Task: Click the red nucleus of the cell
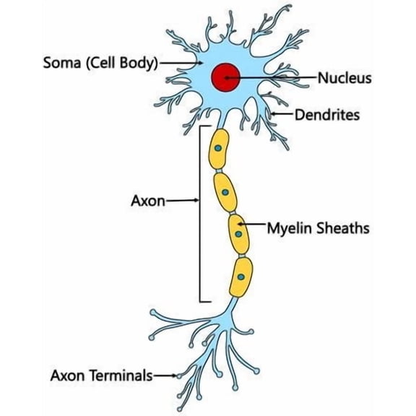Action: coord(225,77)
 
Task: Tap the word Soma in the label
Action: coord(61,63)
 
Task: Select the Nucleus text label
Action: coord(344,78)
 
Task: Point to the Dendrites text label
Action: coord(327,115)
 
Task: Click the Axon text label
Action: coord(148,201)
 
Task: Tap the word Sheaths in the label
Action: coord(343,228)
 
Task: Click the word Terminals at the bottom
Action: coord(121,376)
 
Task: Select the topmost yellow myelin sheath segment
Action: coord(219,149)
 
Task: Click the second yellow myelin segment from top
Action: coord(225,192)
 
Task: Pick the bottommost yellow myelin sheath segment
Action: coord(241,277)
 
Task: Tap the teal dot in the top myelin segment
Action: coord(218,148)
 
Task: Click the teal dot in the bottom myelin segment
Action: coord(241,277)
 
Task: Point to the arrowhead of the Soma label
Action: coord(201,63)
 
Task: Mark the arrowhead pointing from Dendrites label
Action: coord(272,114)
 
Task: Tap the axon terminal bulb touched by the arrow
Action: coord(179,376)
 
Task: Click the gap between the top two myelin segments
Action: coord(219,171)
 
